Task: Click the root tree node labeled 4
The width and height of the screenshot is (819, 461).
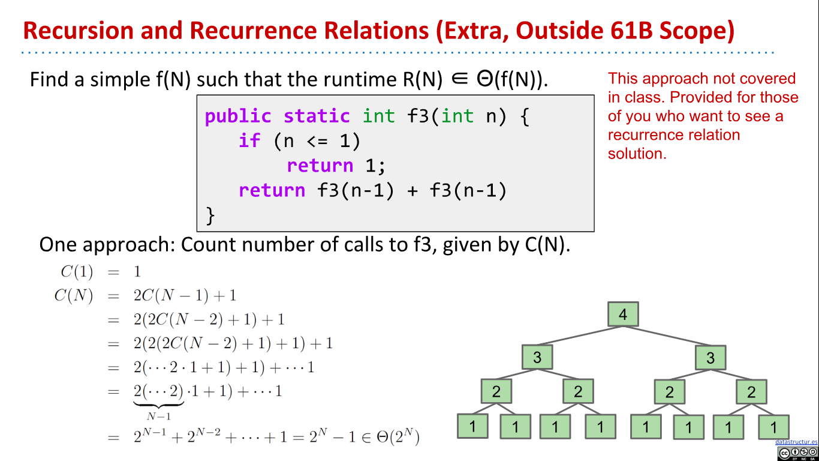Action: pos(623,315)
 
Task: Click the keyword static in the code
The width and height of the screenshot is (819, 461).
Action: pos(317,116)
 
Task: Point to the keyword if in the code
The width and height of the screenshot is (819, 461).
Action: pos(249,140)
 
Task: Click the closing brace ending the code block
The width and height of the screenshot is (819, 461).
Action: pos(210,215)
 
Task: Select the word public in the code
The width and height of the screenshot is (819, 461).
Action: pos(238,116)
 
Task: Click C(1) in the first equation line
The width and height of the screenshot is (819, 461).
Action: pos(77,272)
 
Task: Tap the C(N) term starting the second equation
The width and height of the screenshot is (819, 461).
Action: pos(74,296)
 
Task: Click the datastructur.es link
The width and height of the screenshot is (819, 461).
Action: pos(796,442)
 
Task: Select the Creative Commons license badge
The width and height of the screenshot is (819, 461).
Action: pos(797,453)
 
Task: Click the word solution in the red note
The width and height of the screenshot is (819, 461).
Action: pos(637,154)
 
